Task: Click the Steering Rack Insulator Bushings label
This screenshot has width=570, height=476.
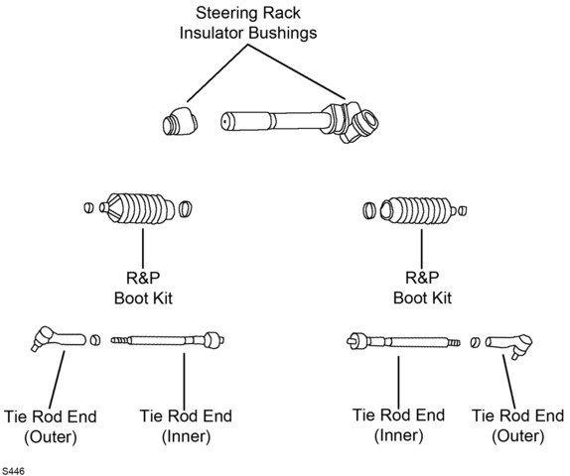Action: point(248,23)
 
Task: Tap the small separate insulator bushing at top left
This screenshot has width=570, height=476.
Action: point(180,121)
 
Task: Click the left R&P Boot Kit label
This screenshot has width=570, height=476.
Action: point(143,288)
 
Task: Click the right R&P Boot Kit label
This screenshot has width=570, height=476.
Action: point(422,288)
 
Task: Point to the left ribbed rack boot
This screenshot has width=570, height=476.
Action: point(137,209)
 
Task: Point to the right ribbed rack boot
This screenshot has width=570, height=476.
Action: point(417,210)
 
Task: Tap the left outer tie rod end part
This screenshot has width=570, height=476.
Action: point(59,338)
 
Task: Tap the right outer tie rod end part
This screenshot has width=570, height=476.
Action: point(509,344)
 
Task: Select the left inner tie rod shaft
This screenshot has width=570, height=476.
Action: point(168,340)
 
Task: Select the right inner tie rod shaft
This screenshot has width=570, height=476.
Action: point(403,342)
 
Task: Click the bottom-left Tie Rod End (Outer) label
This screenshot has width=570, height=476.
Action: point(51,426)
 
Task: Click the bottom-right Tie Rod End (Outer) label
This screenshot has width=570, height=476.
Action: point(517,425)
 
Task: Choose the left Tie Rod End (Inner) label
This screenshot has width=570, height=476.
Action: point(186,426)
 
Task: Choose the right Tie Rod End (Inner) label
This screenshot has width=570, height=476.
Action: point(398,425)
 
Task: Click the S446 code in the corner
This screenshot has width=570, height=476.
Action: point(13,471)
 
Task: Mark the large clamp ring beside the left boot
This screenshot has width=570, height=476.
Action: point(186,209)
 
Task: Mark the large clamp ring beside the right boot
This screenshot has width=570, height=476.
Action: point(369,210)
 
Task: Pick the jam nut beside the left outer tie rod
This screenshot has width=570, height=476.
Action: point(95,340)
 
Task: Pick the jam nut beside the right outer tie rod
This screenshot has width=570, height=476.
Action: point(475,342)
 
